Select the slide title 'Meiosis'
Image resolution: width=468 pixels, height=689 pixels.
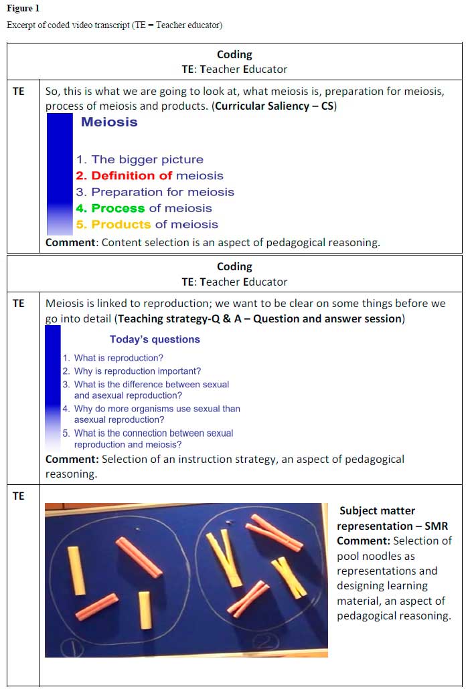click(x=109, y=122)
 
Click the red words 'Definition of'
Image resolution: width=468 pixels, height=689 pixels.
click(x=132, y=175)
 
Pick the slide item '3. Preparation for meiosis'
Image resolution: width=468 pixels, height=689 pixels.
click(x=155, y=192)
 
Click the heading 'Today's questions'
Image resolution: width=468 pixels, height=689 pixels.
click(x=155, y=339)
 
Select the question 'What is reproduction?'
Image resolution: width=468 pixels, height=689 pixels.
click(x=118, y=358)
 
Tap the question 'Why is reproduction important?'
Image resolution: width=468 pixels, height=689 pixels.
click(x=137, y=371)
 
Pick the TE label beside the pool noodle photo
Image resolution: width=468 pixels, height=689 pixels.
click(x=18, y=496)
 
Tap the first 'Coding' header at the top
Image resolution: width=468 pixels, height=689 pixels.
click(x=234, y=54)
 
